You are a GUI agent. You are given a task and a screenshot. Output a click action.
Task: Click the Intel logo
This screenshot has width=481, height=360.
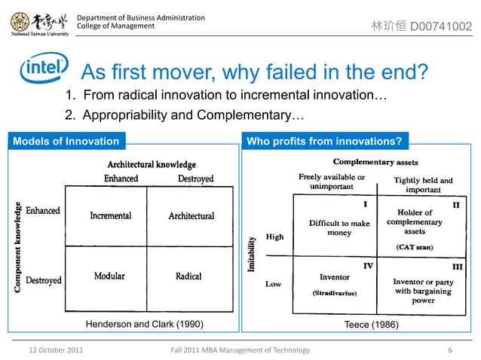(x=43, y=69)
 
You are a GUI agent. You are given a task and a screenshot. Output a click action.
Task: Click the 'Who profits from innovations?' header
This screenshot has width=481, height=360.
(x=324, y=141)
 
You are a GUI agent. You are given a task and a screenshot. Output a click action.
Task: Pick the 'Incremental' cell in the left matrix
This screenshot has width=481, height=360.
(x=110, y=216)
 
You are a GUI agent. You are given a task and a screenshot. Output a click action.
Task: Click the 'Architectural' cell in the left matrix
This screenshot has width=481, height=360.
(x=191, y=216)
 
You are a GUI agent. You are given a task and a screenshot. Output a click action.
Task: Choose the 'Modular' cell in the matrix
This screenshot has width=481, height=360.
(x=109, y=276)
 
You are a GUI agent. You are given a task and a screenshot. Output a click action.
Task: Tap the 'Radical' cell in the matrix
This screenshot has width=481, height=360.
(x=188, y=276)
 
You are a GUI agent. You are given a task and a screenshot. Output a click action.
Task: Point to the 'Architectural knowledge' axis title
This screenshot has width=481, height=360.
(x=152, y=164)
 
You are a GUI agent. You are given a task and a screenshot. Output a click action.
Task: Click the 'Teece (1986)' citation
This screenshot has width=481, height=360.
(x=369, y=325)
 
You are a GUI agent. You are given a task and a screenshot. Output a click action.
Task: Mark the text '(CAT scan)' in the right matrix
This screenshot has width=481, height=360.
(x=414, y=246)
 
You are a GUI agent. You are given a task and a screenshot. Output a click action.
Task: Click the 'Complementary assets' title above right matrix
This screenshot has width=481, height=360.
(x=375, y=162)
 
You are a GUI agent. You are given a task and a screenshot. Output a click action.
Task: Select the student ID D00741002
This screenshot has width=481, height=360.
(x=441, y=27)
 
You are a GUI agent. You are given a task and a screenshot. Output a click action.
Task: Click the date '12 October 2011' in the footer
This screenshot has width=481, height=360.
(x=56, y=350)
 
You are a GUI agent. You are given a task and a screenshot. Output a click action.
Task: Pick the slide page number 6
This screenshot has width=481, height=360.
(x=450, y=350)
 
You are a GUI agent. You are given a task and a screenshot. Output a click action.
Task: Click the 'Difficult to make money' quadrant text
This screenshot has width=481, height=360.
(x=339, y=228)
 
